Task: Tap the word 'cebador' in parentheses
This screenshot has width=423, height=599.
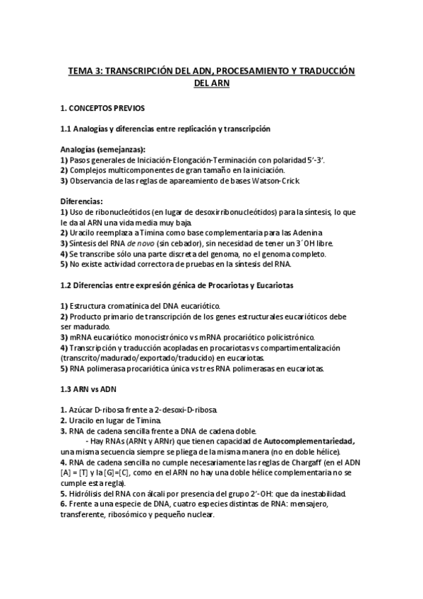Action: [191, 243]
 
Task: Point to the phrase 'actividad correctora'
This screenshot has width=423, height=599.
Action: [131, 263]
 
